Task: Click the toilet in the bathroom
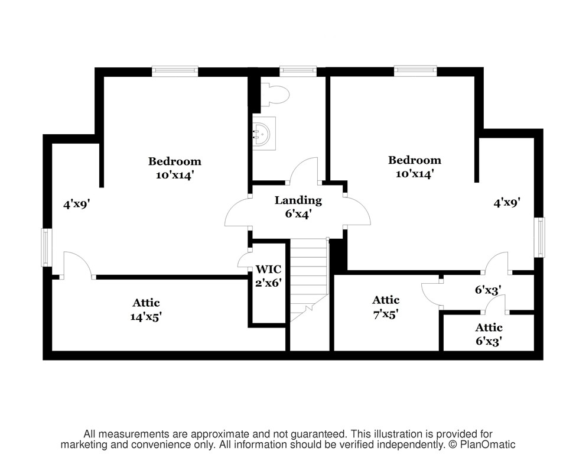(275, 95)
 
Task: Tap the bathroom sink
(263, 134)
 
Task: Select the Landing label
(298, 200)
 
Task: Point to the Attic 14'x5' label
(146, 310)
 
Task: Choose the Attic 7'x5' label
(386, 307)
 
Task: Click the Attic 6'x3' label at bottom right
(489, 334)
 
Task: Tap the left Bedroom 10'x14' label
(175, 168)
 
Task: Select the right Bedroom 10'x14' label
(415, 167)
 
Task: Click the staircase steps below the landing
(308, 280)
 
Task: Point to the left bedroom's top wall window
(175, 72)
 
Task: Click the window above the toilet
(298, 71)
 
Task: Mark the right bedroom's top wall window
(415, 71)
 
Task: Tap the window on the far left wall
(45, 247)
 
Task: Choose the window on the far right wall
(539, 237)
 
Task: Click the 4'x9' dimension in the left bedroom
(77, 204)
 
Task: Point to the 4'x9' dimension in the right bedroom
(506, 202)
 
